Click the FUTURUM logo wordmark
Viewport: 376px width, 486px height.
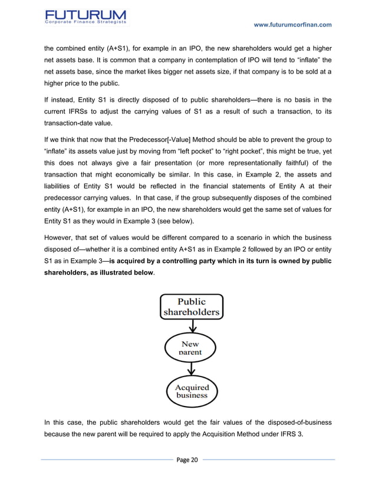point(85,12)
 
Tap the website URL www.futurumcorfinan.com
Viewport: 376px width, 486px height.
point(292,24)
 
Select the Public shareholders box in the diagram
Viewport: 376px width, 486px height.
point(191,307)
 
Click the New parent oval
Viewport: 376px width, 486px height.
point(190,347)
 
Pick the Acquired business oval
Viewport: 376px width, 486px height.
point(192,391)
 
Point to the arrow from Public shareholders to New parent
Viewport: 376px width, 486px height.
point(190,327)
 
